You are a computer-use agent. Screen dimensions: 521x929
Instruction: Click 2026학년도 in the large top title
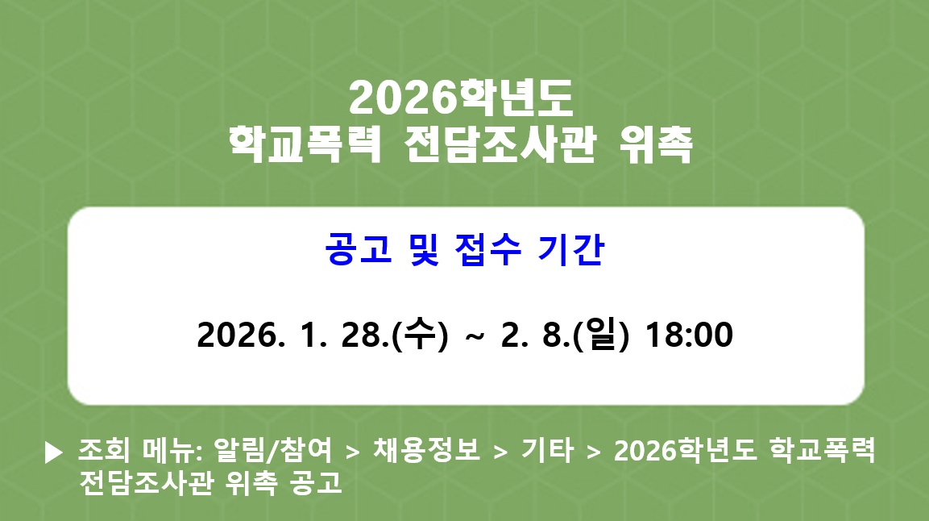[x=461, y=98]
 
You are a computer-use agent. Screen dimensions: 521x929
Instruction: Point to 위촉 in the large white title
[x=657, y=145]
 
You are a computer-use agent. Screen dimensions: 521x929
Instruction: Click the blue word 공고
[x=352, y=249]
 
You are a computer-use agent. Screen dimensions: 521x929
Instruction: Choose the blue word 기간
[x=569, y=249]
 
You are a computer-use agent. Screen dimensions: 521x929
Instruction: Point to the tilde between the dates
[x=475, y=336]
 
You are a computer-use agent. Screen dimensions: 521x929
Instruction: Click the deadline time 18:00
[x=690, y=335]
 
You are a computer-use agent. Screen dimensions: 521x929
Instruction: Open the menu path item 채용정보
[x=426, y=451]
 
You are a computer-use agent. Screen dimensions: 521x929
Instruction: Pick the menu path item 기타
[x=548, y=451]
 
